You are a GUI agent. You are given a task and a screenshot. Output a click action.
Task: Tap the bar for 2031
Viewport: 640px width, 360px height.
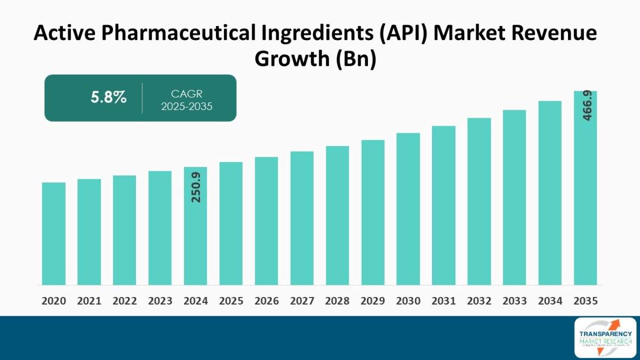pyautogui.click(x=444, y=205)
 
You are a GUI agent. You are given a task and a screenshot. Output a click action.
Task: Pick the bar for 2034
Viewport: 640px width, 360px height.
pyautogui.click(x=550, y=193)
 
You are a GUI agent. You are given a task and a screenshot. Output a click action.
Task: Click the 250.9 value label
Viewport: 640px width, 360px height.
pyautogui.click(x=196, y=187)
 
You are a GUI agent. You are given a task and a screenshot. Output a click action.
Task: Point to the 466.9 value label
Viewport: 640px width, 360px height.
pyautogui.click(x=587, y=106)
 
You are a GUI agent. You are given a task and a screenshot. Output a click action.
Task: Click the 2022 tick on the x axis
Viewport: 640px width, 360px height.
pyautogui.click(x=125, y=301)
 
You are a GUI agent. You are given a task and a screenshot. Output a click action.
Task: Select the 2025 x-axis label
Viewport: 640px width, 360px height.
pyautogui.click(x=231, y=301)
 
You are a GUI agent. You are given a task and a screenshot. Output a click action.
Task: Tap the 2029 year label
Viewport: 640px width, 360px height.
pyautogui.click(x=373, y=301)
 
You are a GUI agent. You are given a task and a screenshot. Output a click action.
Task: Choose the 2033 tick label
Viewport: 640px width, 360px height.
pyautogui.click(x=515, y=301)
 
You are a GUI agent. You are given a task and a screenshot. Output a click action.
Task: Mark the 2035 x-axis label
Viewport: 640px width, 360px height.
pyautogui.click(x=586, y=301)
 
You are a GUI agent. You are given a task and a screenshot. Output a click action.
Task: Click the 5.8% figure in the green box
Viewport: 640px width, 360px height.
pyautogui.click(x=108, y=98)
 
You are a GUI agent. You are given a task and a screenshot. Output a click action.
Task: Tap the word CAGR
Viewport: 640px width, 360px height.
pyautogui.click(x=186, y=94)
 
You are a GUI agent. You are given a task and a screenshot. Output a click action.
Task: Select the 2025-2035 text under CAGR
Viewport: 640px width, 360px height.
pyautogui.click(x=186, y=106)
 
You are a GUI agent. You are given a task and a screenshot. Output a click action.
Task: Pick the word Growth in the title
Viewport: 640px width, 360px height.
pyautogui.click(x=292, y=59)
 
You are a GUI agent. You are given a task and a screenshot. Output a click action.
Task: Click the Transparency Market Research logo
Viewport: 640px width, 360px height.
pyautogui.click(x=605, y=337)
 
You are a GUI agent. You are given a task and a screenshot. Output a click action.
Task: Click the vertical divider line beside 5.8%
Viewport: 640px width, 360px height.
pyautogui.click(x=142, y=98)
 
